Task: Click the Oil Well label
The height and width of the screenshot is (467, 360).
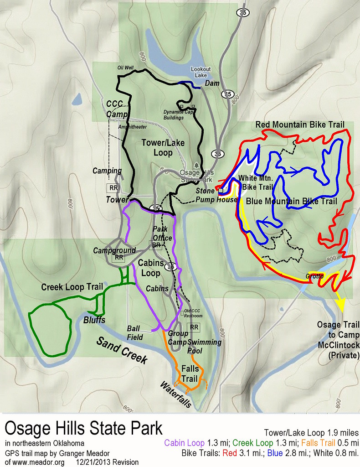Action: point(125,67)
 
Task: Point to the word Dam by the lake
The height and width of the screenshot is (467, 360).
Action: point(212,83)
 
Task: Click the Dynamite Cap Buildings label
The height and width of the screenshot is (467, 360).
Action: point(180,114)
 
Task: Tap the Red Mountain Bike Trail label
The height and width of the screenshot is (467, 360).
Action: point(299,125)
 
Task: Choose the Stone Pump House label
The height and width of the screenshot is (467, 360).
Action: point(220,195)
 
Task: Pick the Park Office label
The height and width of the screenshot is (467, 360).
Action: point(162,233)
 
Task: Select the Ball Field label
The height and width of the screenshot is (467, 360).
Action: point(135,333)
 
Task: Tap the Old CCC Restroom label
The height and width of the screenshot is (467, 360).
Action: point(193,313)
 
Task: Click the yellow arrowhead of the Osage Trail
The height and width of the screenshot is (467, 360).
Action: point(340,305)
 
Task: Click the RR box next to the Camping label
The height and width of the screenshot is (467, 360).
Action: point(112,187)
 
